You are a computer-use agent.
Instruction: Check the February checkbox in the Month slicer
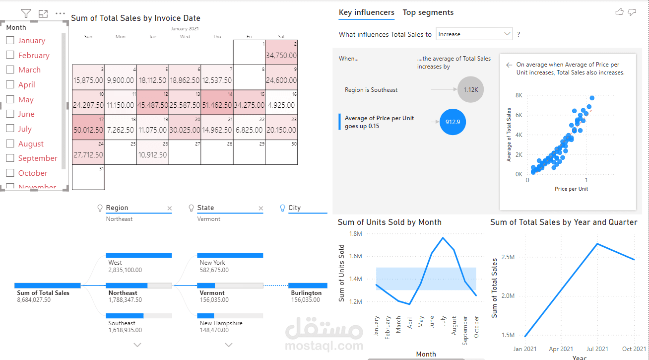(10, 56)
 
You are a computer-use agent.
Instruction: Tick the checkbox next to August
(10, 144)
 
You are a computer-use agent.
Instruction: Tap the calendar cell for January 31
(88, 177)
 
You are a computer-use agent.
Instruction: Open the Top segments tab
(428, 12)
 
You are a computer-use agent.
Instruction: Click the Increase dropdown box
(474, 34)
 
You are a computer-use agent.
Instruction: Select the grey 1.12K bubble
(470, 90)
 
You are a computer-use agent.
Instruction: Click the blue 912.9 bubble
(453, 122)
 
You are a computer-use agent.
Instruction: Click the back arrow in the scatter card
(509, 65)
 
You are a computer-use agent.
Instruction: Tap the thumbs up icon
(619, 12)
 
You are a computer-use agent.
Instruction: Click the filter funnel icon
(26, 14)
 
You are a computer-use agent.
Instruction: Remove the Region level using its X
(169, 209)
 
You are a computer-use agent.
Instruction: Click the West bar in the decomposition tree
(139, 255)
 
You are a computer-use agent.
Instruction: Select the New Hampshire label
(221, 323)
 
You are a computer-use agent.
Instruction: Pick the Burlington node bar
(308, 286)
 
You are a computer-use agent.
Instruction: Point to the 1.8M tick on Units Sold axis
(356, 233)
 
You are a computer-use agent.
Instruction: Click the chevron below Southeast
(137, 345)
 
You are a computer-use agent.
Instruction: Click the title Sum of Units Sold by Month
(389, 222)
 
